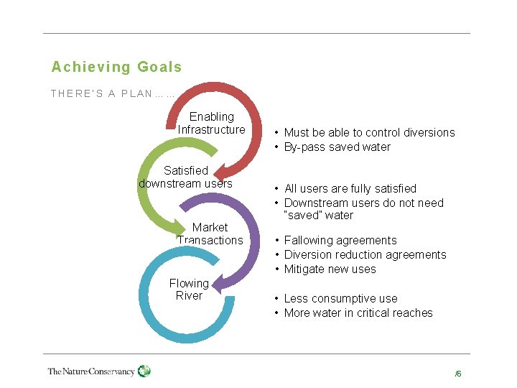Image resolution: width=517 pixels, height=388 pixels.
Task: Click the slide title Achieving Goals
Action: (x=116, y=68)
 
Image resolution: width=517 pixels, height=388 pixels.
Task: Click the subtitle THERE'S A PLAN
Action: (x=113, y=93)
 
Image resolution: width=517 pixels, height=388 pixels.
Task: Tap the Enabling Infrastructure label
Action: (x=211, y=123)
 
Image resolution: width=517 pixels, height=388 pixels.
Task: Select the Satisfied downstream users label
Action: (x=185, y=177)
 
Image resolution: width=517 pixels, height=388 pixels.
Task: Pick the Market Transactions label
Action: (x=210, y=234)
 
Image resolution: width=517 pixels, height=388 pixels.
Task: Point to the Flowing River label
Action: (x=189, y=290)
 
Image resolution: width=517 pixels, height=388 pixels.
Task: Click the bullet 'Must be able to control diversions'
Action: (x=369, y=132)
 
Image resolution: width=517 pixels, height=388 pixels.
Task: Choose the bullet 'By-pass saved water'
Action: (x=337, y=147)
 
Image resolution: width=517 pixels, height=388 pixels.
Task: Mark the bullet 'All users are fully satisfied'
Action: (x=350, y=188)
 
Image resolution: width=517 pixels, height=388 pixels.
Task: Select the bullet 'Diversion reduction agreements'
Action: (x=365, y=254)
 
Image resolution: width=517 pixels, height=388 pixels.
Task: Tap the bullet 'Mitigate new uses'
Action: (x=330, y=269)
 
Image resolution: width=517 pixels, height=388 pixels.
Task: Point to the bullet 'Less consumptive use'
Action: (x=340, y=298)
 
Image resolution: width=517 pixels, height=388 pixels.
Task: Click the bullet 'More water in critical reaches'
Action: (x=358, y=313)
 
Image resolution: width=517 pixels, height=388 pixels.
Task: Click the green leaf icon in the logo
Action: (x=144, y=371)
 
